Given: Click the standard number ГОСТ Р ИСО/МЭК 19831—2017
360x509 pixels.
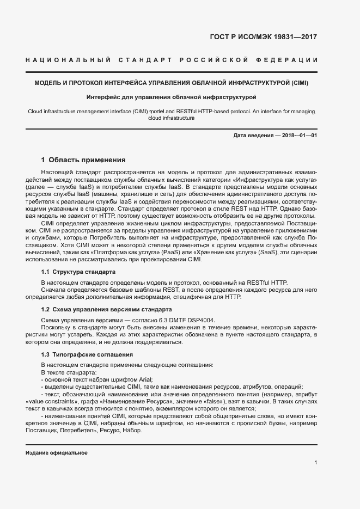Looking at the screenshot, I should coord(263,38).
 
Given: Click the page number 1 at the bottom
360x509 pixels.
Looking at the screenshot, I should coord(315,463).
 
